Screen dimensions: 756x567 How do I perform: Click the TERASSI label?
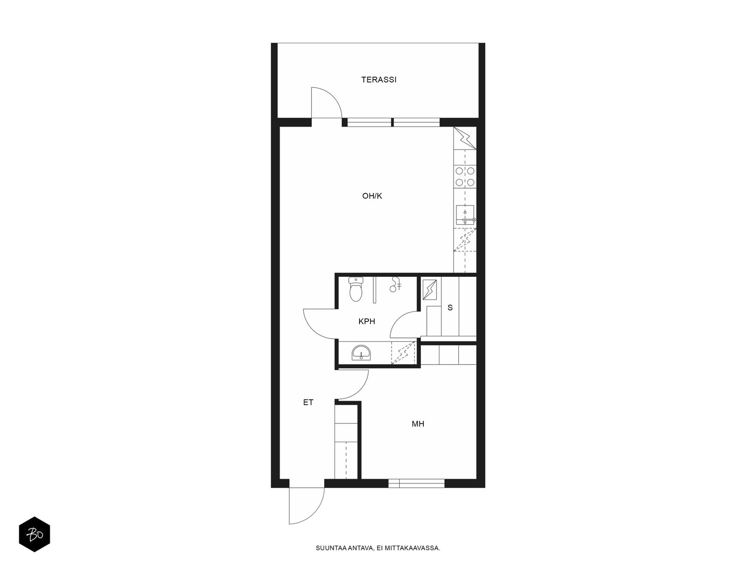[378, 79]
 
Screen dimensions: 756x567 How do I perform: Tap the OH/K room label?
[372, 196]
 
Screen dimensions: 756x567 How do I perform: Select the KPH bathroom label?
[367, 321]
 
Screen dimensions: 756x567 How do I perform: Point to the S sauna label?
[450, 308]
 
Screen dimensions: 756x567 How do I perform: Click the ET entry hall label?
[308, 402]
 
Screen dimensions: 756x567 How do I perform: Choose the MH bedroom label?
[418, 424]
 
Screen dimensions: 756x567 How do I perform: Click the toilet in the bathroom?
[356, 289]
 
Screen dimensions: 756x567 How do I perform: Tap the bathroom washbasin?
[361, 353]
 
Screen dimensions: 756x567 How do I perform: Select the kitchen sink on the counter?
[465, 215]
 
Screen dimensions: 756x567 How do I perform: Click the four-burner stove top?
[465, 176]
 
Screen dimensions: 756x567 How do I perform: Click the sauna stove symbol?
[430, 290]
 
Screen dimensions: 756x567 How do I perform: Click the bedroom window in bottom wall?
[416, 483]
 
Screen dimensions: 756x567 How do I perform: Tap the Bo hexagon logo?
[34, 534]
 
